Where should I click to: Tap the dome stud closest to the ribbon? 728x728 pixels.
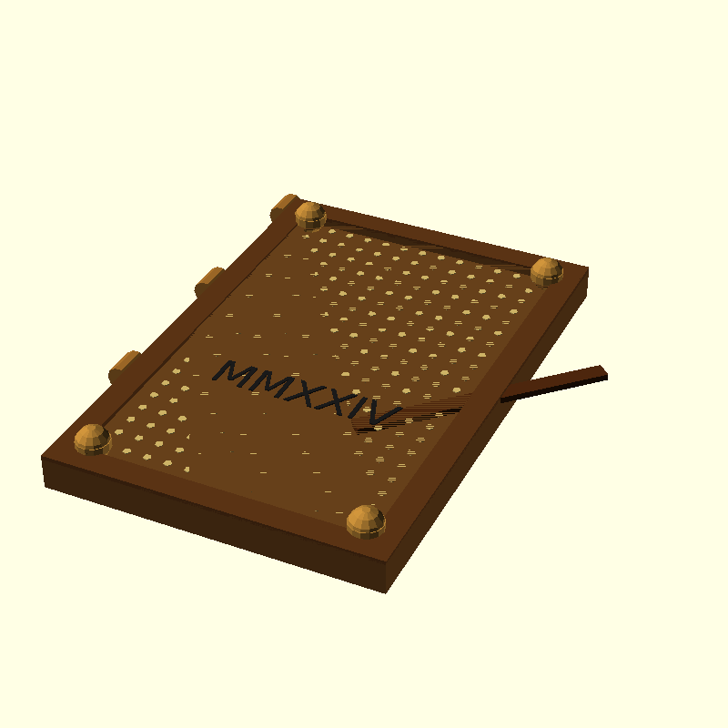coord(547,271)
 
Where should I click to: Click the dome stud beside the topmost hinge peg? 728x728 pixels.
coord(310,216)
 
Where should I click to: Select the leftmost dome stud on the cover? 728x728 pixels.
coord(93,440)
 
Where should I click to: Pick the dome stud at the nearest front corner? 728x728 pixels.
coord(367,521)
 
